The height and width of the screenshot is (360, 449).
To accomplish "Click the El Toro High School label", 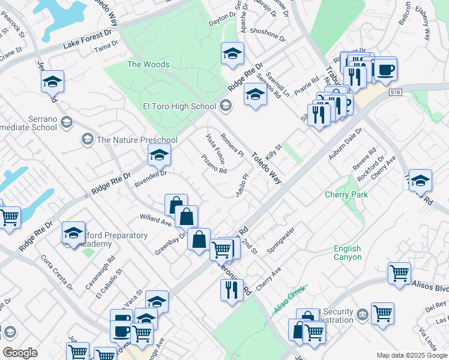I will pyautogui.click(x=178, y=106).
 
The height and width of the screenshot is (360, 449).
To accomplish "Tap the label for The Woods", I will pyautogui.click(x=148, y=64).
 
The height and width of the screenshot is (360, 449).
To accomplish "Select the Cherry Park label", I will pyautogui.click(x=346, y=194).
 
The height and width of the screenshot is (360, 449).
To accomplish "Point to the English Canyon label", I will pyautogui.click(x=348, y=253).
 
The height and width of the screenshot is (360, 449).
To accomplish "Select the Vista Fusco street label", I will pyautogui.click(x=215, y=149).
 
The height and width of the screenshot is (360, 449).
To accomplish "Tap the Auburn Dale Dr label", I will pyautogui.click(x=345, y=143).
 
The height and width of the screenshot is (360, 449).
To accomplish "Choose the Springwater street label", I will pyautogui.click(x=281, y=239).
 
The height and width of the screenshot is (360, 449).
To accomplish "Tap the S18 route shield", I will pyautogui.click(x=395, y=92).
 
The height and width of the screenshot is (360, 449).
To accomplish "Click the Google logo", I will pyautogui.click(x=20, y=353).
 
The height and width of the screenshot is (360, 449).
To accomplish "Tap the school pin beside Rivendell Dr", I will pyautogui.click(x=160, y=155).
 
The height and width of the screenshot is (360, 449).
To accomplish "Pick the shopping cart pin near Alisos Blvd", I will pyautogui.click(x=399, y=273).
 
